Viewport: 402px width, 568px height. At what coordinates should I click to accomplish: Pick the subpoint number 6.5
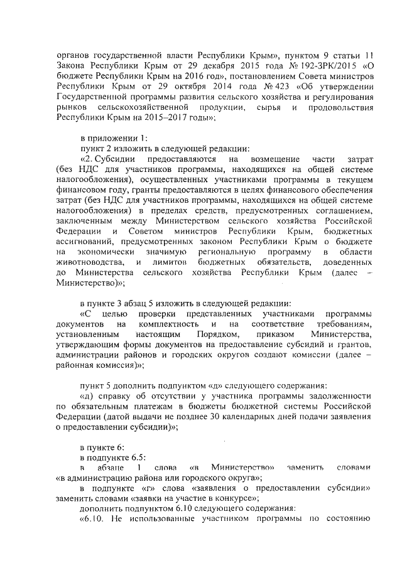click(138, 456)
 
